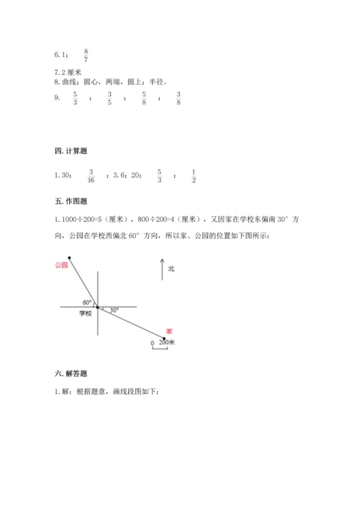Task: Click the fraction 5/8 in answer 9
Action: (x=144, y=99)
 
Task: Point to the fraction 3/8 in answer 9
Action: (x=178, y=99)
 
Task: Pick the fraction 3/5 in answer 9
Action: (x=110, y=99)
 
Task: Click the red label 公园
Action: (x=61, y=265)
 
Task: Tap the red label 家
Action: (x=168, y=330)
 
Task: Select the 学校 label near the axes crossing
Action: (x=86, y=313)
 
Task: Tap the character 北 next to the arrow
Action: (x=171, y=269)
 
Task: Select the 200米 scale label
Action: (x=167, y=343)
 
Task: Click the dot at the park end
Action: (x=69, y=257)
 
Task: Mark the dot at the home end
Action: (x=163, y=335)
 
